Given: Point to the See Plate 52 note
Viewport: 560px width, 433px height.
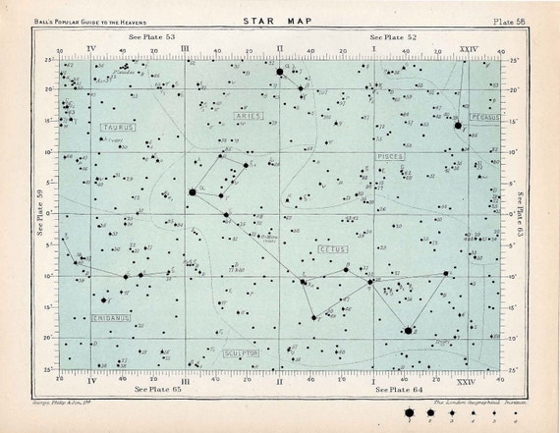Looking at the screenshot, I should click(x=391, y=37).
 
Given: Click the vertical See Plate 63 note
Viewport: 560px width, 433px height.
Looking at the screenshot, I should click(x=520, y=212).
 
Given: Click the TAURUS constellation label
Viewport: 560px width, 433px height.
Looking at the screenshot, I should click(x=119, y=128).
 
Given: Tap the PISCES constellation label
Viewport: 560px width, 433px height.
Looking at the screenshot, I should click(x=390, y=157).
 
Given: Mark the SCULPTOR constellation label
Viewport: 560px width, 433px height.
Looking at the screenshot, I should click(x=240, y=352).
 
